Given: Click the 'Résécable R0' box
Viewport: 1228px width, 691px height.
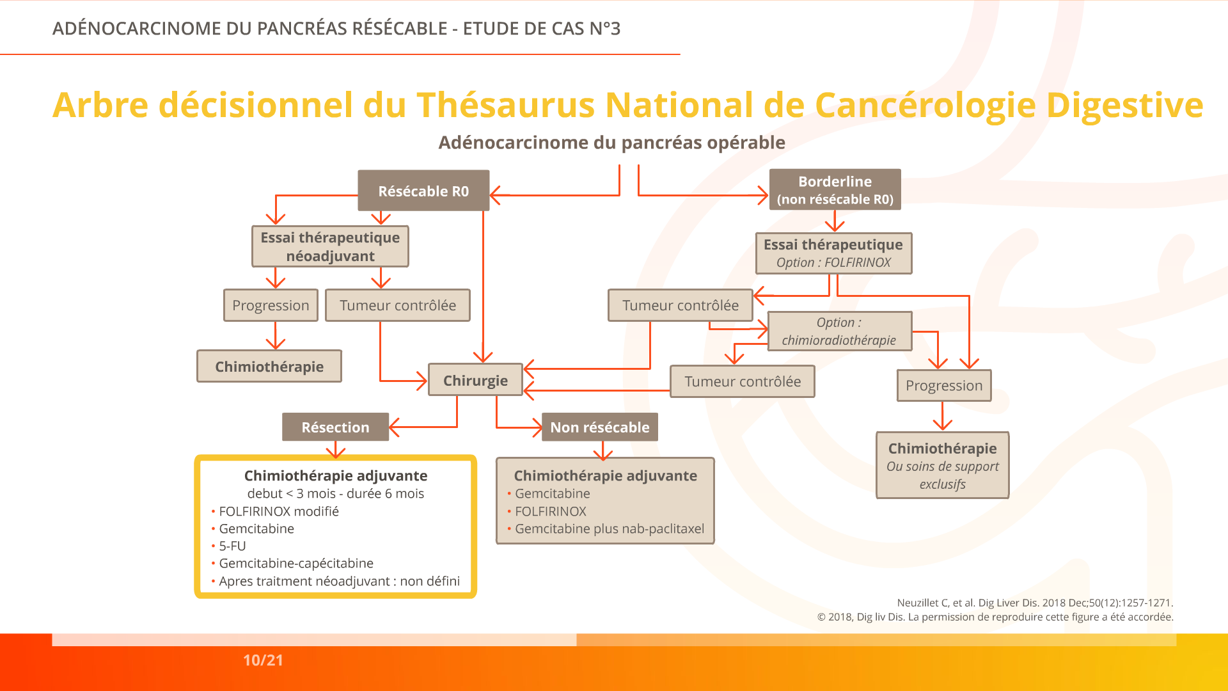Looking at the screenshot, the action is pyautogui.click(x=423, y=191).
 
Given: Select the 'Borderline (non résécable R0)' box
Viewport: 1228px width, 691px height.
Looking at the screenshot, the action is pyautogui.click(x=835, y=190).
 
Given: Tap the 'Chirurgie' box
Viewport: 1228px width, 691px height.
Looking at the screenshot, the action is pyautogui.click(x=475, y=380).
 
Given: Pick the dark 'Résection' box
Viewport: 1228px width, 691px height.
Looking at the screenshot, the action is pyautogui.click(x=335, y=427).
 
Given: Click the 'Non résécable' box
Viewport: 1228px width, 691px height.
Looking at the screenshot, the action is pyautogui.click(x=599, y=427).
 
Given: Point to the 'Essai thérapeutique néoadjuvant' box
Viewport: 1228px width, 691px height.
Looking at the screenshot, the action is pyautogui.click(x=330, y=246).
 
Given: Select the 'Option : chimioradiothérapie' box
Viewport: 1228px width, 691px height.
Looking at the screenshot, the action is pyautogui.click(x=839, y=331).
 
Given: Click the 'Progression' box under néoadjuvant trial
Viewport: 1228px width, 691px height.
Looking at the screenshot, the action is pyautogui.click(x=271, y=305).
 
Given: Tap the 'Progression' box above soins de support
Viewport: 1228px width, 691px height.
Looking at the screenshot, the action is pyautogui.click(x=944, y=385).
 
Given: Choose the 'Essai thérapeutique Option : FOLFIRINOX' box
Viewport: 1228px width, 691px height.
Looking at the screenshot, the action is pyautogui.click(x=833, y=253).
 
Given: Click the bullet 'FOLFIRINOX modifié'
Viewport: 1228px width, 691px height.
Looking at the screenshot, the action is pyautogui.click(x=275, y=511).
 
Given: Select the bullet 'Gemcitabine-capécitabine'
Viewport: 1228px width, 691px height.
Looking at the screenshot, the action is pyautogui.click(x=292, y=563).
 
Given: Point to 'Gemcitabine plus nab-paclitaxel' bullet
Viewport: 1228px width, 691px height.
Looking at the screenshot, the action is pyautogui.click(x=606, y=528).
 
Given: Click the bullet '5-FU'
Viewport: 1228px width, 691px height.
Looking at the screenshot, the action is pyautogui.click(x=228, y=546).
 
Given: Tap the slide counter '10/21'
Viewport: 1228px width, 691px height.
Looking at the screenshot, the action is pyautogui.click(x=263, y=660).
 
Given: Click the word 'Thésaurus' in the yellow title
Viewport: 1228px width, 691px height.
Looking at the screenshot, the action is pyautogui.click(x=506, y=105).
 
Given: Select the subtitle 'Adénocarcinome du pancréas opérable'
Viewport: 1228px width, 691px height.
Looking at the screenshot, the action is pyautogui.click(x=611, y=142).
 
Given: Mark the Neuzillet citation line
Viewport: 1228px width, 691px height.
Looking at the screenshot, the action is pyautogui.click(x=1035, y=603).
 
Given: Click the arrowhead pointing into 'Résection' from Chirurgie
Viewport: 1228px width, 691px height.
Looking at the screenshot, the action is pyautogui.click(x=394, y=427).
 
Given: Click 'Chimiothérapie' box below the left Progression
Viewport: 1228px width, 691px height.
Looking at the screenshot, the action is pyautogui.click(x=269, y=366).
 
